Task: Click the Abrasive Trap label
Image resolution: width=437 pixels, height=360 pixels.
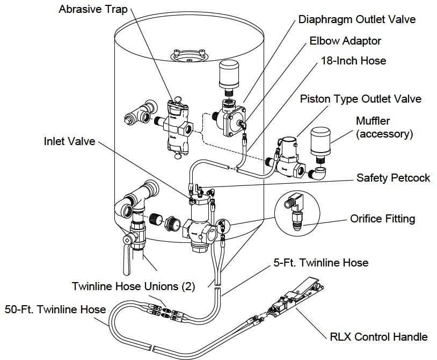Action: (x=93, y=10)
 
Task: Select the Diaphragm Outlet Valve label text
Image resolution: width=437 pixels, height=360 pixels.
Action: (x=357, y=20)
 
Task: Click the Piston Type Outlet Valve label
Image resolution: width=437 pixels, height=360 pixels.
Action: (x=360, y=99)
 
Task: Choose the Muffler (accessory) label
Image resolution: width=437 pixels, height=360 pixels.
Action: (x=384, y=127)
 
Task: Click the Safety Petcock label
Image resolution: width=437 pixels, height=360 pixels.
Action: (x=393, y=177)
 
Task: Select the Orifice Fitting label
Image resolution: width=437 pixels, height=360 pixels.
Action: (x=383, y=219)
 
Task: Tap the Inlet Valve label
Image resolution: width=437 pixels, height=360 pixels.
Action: (x=69, y=141)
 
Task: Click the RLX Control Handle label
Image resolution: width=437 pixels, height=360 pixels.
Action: (x=378, y=337)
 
